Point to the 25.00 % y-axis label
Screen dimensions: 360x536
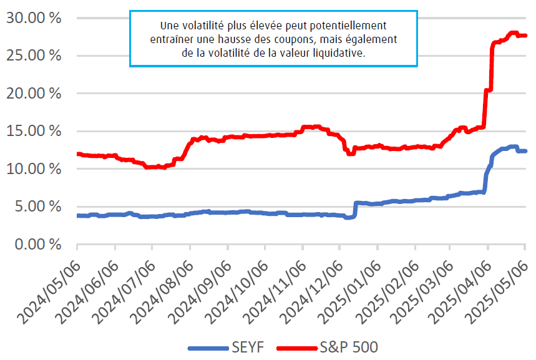click(34, 56)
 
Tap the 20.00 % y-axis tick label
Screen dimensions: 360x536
click(34, 93)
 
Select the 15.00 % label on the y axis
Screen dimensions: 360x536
click(34, 131)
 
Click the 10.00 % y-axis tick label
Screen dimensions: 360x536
click(34, 168)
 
